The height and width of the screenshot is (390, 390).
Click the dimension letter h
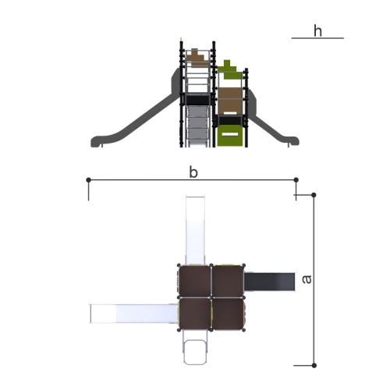317,31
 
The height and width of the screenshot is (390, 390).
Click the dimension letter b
193,172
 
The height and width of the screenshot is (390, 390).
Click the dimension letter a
307,279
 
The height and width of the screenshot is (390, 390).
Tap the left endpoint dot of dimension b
88,179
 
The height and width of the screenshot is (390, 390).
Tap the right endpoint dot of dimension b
296,179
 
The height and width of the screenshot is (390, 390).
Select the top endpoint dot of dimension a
314,195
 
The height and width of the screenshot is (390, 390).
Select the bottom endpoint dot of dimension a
314,365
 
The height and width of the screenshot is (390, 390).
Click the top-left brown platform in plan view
195,281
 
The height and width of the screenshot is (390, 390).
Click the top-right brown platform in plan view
228,281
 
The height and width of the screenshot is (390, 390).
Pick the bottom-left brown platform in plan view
195,314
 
